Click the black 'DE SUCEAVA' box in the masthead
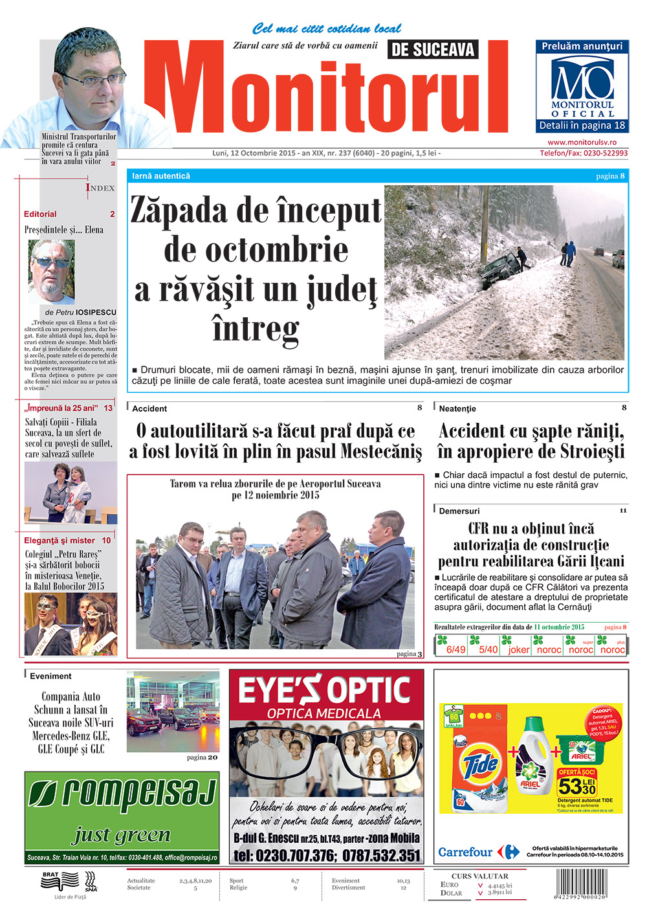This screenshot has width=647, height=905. click(x=433, y=49)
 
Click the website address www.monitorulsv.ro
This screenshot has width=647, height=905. click(x=582, y=142)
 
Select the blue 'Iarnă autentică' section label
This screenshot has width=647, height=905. click(x=161, y=176)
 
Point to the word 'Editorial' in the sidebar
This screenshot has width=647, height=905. click(x=40, y=214)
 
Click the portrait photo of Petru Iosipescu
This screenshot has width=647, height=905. click(x=51, y=272)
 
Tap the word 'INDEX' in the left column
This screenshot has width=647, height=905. click(x=100, y=188)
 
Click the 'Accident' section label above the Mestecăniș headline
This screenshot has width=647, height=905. click(x=149, y=408)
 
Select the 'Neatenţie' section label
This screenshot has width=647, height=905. click(x=457, y=408)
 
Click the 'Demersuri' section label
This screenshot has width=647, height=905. click(x=459, y=511)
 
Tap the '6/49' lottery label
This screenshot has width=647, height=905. click(x=455, y=649)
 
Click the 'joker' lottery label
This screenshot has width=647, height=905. click(x=519, y=649)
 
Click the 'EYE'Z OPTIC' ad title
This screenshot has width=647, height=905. click(x=325, y=690)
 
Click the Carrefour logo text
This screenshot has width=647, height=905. click(x=465, y=852)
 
